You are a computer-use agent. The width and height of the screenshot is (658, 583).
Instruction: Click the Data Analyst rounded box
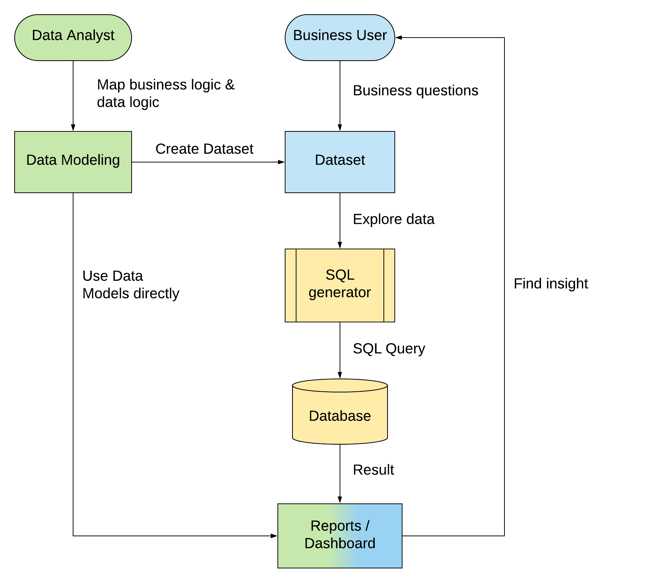click(x=73, y=37)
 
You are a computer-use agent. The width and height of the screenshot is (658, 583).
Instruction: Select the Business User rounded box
click(x=340, y=37)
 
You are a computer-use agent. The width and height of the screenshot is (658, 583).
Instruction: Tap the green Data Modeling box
click(x=73, y=162)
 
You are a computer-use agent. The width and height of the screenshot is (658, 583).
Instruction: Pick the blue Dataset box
click(x=340, y=162)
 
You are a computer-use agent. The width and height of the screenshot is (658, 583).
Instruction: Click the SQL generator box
click(x=340, y=285)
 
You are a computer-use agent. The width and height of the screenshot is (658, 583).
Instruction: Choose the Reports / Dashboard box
click(x=340, y=535)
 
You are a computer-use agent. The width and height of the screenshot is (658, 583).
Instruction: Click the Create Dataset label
click(x=204, y=149)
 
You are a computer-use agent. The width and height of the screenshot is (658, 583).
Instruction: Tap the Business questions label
click(x=415, y=91)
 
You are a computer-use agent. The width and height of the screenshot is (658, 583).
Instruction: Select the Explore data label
click(x=393, y=219)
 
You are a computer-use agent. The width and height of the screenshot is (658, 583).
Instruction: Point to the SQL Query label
click(x=389, y=349)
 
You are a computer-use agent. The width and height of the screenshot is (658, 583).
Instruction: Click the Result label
click(x=373, y=470)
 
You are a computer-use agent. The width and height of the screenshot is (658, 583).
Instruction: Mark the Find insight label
click(x=551, y=284)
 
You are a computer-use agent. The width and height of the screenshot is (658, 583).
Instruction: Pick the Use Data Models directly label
click(x=131, y=285)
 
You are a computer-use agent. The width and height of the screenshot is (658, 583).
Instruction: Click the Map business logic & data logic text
click(x=165, y=93)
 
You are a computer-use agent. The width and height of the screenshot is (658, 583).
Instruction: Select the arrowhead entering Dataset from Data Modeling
click(x=281, y=162)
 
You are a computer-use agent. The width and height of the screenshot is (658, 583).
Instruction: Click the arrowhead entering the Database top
click(x=340, y=375)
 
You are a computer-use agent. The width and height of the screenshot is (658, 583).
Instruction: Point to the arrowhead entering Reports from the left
click(x=274, y=536)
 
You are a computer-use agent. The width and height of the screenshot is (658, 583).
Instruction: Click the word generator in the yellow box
click(x=340, y=293)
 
